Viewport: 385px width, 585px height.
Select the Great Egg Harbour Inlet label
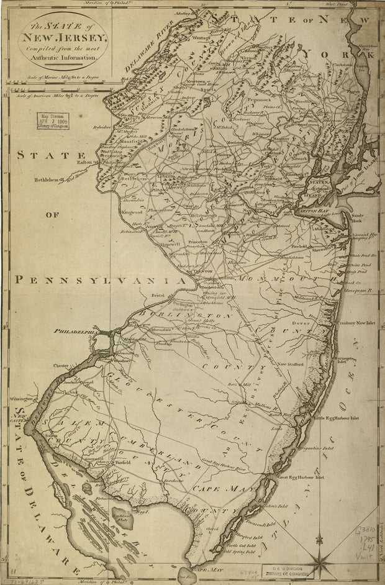pyautogui.click(x=302, y=478)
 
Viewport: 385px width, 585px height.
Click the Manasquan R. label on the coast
pyautogui.click(x=358, y=289)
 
